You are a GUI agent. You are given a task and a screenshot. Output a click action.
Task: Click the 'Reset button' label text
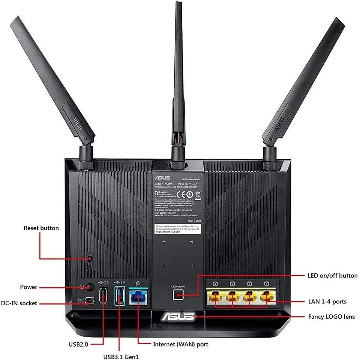41,228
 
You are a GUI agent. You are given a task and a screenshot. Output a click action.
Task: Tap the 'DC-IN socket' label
19,303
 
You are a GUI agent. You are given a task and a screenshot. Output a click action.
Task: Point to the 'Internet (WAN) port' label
180,344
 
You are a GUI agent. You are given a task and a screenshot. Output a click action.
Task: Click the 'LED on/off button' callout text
332,276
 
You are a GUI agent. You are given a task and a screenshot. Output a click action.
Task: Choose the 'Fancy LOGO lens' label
331,316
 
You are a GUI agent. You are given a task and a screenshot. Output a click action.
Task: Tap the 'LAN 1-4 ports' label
327,301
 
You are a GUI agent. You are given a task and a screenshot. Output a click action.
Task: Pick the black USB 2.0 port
103,296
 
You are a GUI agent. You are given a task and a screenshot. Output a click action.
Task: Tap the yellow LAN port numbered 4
266,297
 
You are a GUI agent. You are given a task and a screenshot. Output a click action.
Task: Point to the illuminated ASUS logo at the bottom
178,317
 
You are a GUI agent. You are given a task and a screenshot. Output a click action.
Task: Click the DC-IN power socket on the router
89,301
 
